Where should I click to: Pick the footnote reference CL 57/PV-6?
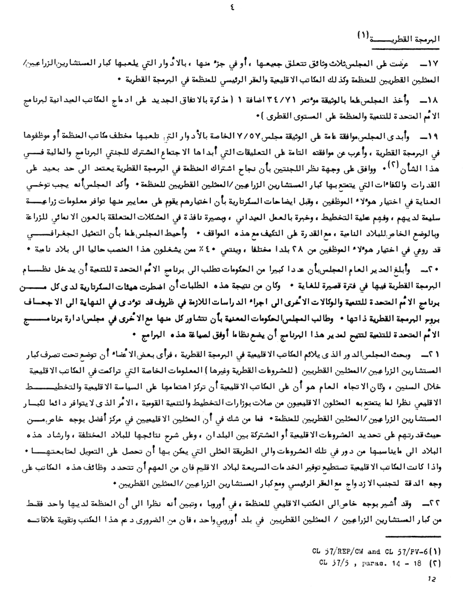405,552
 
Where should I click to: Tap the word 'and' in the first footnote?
374,552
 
